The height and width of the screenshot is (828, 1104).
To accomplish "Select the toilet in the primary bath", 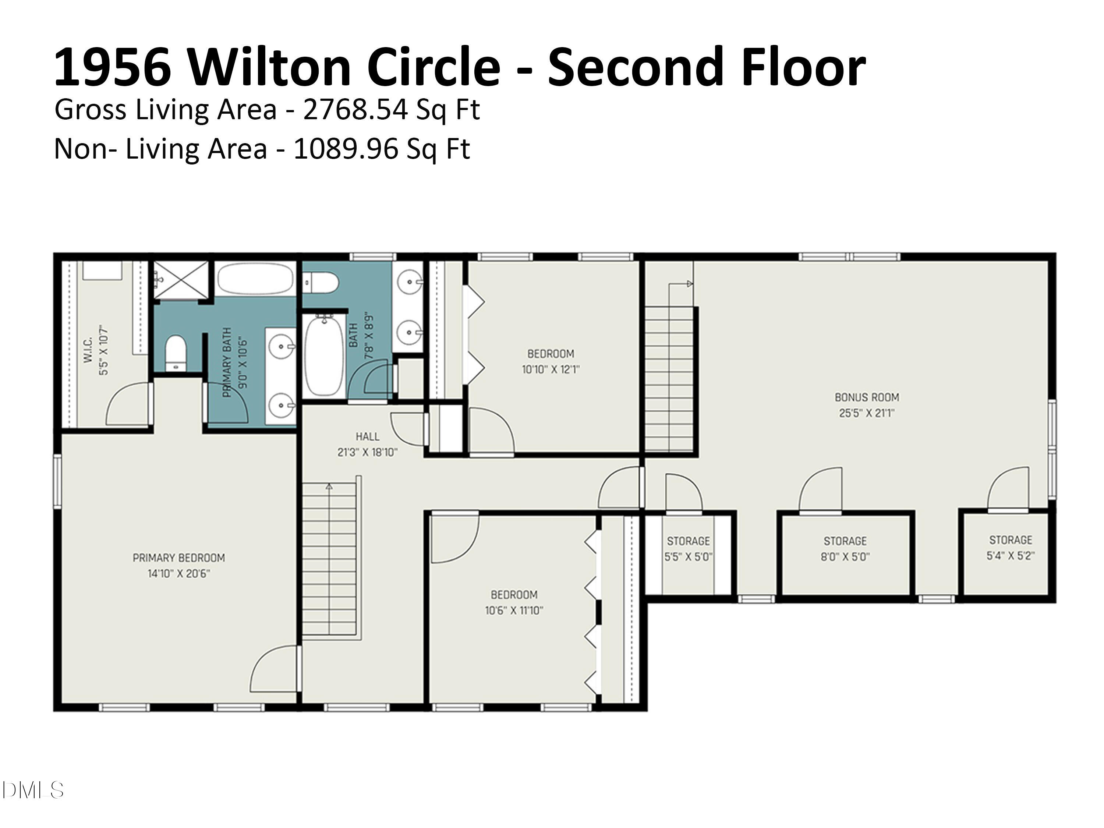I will coord(175,353).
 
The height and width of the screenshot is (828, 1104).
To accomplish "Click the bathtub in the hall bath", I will coord(324,356).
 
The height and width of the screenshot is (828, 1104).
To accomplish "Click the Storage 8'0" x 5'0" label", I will coord(845,541).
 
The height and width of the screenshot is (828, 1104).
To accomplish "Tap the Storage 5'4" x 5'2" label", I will coord(1011,540).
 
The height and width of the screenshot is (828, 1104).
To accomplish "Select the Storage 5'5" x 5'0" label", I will coord(688,541).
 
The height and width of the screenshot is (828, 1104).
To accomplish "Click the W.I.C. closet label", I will coord(88,350).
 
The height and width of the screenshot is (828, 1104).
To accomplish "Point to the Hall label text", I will coord(367,437).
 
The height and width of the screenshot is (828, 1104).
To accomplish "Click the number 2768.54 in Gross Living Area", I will coord(356,110).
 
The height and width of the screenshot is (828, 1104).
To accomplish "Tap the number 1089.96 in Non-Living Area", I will coord(346,149).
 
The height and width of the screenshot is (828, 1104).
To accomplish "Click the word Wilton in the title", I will coord(269,67).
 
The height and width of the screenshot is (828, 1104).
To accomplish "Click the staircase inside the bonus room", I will coord(669,379).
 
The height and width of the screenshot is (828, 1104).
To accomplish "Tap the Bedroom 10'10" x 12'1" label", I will coord(551,354).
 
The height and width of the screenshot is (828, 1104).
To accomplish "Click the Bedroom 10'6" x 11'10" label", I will coord(514,595).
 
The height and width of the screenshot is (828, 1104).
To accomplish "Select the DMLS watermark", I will coord(33,790).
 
